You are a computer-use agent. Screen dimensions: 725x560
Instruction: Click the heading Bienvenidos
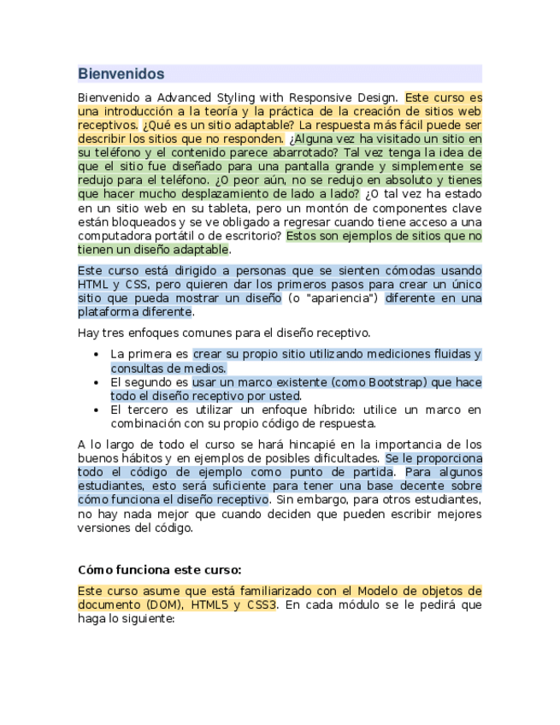click(121, 74)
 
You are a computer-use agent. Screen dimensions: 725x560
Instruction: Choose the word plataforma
click(107, 312)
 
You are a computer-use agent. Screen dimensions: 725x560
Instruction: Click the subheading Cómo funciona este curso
click(159, 569)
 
